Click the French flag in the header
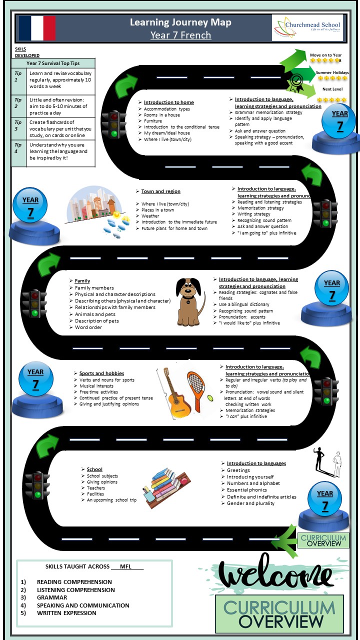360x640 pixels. point(36,28)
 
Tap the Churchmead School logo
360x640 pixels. point(307,28)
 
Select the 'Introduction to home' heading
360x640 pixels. point(168,102)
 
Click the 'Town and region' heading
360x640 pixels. point(160,191)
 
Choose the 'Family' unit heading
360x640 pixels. point(82,281)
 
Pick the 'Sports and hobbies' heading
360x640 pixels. point(101,373)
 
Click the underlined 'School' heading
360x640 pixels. point(94,469)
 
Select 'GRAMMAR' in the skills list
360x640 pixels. point(52,597)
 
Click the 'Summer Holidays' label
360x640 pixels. point(332,73)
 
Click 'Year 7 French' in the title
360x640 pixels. point(180,35)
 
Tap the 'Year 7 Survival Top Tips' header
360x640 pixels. point(53,63)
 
